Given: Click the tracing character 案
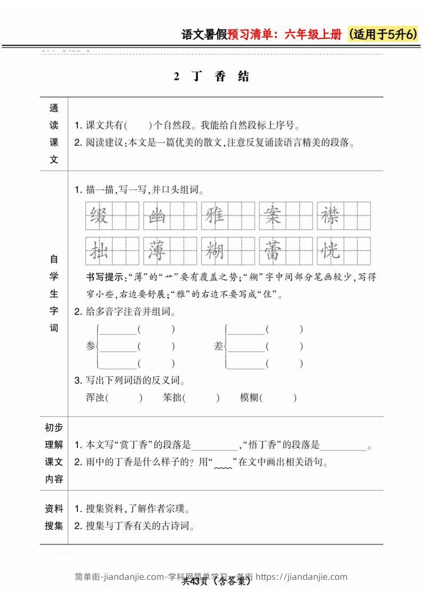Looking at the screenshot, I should pyautogui.click(x=272, y=216).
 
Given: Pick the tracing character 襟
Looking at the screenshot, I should pyautogui.click(x=330, y=216).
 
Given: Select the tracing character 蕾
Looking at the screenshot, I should pyautogui.click(x=272, y=250).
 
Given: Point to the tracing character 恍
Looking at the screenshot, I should pyautogui.click(x=330, y=250).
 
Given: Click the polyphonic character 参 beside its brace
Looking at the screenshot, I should pyautogui.click(x=90, y=346).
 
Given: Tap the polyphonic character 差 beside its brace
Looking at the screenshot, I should pyautogui.click(x=218, y=346).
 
